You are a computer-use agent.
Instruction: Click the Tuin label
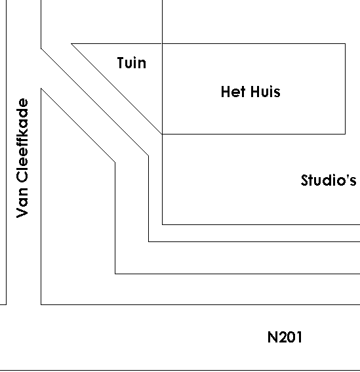point(132,63)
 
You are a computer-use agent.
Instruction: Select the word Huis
point(266,92)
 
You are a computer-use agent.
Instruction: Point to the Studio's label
point(329,180)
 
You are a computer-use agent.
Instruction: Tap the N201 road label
point(285,337)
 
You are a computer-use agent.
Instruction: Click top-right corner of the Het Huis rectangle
point(345,44)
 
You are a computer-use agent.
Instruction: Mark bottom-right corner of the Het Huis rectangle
point(345,134)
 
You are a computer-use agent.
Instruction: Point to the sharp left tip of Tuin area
point(71,44)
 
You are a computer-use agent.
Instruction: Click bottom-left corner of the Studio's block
point(163,224)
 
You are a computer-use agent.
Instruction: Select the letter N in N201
point(272,337)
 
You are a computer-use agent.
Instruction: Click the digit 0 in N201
point(290,337)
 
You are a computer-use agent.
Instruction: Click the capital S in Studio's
point(304,180)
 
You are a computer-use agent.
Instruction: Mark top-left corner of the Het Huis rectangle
point(163,44)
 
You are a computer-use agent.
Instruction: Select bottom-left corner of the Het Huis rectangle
point(163,134)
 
